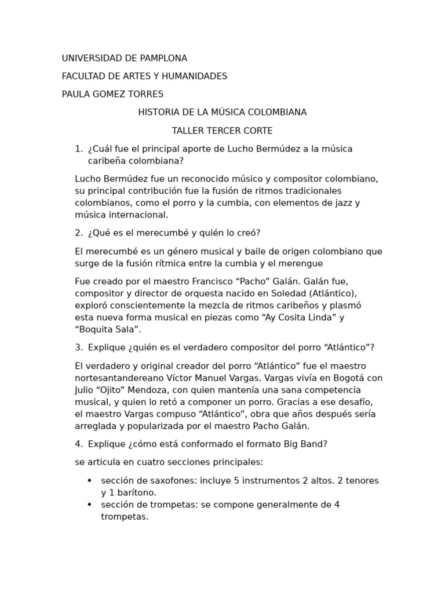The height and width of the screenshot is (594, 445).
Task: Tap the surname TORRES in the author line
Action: (144, 95)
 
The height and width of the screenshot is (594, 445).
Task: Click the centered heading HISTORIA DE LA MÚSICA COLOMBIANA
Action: (222, 113)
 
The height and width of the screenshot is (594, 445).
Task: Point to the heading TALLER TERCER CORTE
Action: (222, 131)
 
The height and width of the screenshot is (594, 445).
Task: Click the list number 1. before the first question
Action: (79, 149)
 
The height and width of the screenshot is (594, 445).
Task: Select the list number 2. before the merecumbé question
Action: (79, 233)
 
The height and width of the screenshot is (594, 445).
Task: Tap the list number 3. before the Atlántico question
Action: (79, 347)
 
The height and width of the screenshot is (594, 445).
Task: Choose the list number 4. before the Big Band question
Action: (79, 444)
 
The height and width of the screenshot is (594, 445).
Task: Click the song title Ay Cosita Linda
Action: (300, 318)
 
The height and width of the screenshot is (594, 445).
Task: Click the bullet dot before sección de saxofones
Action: (89, 481)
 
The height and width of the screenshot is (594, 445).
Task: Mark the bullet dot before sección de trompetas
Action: (89, 505)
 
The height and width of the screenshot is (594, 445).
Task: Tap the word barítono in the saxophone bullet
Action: (136, 493)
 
